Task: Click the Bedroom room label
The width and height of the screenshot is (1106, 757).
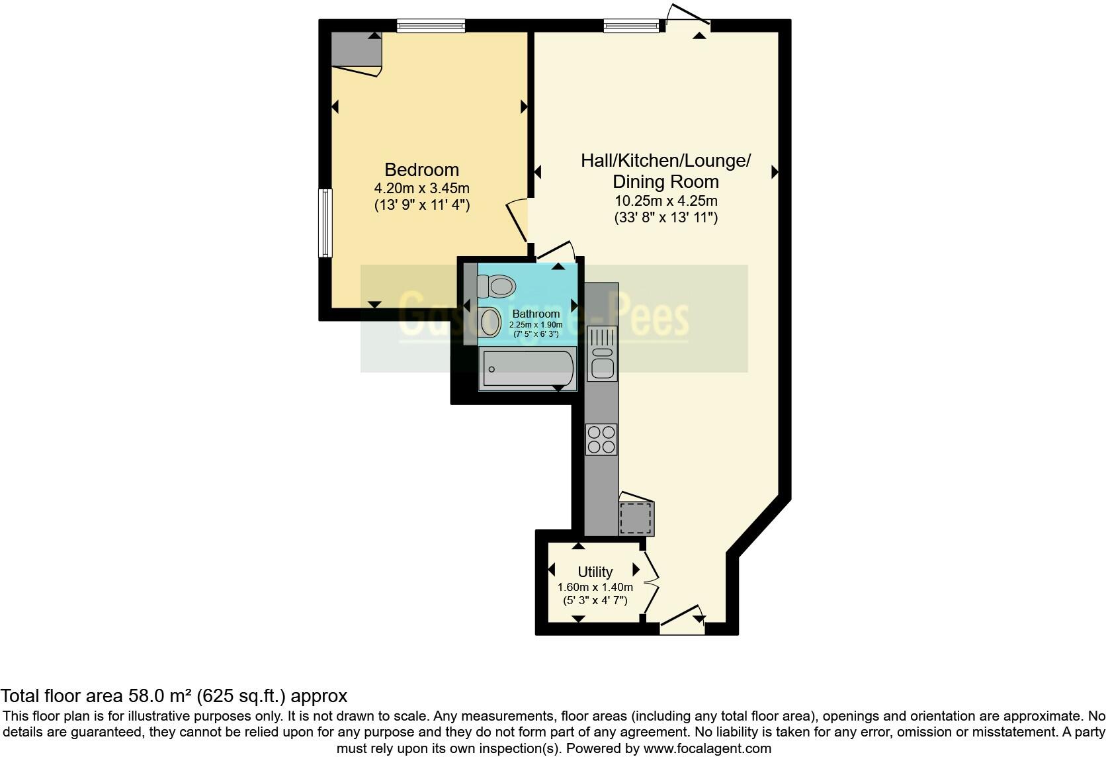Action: point(421,170)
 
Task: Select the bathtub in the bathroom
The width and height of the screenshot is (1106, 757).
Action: point(528,368)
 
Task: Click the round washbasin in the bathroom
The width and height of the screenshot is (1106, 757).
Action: point(491,322)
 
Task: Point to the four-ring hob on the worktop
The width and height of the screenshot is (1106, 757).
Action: point(601,439)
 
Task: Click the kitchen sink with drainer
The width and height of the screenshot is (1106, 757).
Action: point(603,354)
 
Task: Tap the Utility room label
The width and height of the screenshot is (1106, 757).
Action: point(595,572)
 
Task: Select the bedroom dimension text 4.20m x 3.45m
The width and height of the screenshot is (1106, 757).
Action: point(421,189)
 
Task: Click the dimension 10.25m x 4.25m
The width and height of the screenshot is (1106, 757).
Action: point(665,200)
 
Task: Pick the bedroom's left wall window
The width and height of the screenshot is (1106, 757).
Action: point(325,223)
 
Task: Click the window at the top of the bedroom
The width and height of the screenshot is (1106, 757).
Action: point(431,26)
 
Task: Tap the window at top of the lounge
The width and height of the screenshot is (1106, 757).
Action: point(632,26)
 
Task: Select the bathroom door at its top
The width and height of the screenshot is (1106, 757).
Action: point(556,251)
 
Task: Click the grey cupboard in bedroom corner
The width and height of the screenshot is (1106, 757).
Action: point(356,50)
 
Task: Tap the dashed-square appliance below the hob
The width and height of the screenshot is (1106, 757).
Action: point(636,517)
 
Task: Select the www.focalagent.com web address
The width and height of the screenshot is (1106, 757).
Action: point(707,748)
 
